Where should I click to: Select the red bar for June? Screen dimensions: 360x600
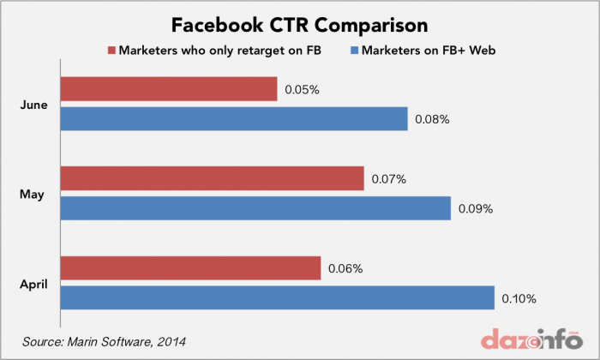click(x=169, y=89)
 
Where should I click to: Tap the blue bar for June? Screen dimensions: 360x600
click(x=234, y=119)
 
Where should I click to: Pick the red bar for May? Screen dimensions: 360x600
click(x=213, y=179)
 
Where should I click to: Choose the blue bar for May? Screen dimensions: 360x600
click(x=255, y=208)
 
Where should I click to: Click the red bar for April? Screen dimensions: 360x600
click(x=190, y=268)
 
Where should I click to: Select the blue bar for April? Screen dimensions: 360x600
click(x=278, y=298)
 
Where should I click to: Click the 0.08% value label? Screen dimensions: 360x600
click(x=432, y=119)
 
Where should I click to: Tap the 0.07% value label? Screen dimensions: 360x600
click(x=388, y=179)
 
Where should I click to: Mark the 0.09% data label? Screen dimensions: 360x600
click(x=476, y=208)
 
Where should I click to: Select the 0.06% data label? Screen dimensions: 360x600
click(x=345, y=268)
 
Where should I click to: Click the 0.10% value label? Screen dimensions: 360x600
click(x=519, y=298)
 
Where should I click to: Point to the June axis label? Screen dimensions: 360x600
click(x=33, y=105)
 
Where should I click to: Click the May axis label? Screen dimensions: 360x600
click(x=33, y=194)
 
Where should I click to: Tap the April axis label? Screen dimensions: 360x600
click(x=33, y=284)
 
